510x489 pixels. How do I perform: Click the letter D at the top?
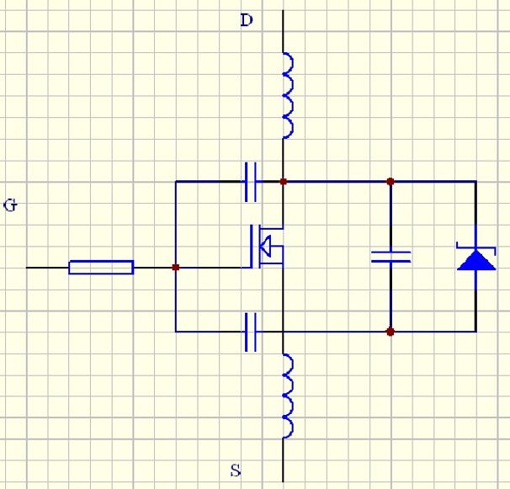pos(247,20)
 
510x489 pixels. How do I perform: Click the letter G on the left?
pos(10,205)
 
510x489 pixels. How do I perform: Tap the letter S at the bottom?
pos(236,470)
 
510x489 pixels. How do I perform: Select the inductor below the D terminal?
pos(286,94)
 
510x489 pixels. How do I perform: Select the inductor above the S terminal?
pos(286,396)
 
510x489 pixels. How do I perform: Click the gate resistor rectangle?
pos(101,268)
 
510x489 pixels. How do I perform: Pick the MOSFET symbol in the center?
pos(265,246)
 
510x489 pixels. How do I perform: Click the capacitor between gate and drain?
pos(250,181)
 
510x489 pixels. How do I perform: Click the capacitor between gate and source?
pos(250,331)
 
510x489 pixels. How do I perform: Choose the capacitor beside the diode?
pos(390,256)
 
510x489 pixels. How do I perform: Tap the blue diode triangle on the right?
pos(476,259)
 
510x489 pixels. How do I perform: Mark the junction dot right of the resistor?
pos(175,268)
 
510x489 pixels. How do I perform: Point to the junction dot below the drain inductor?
pos(284,181)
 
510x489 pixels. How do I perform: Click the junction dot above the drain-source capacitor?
pos(390,181)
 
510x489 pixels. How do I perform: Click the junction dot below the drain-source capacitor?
pos(390,332)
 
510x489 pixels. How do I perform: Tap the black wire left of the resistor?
pos(47,268)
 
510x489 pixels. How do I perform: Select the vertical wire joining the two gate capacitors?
pos(175,219)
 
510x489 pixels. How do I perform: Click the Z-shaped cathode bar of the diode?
pos(476,247)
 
